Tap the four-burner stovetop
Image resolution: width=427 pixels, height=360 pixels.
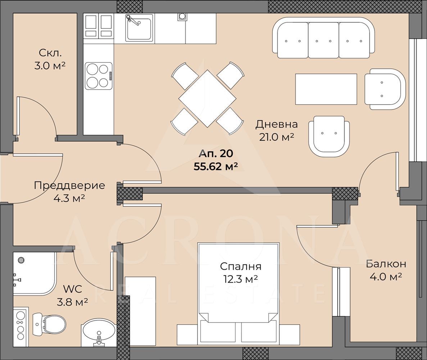[x=99, y=76]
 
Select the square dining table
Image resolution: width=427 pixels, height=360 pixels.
[x=207, y=98]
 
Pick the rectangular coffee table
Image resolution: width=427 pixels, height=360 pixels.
[x=326, y=89]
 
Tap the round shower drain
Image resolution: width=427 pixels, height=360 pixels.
[x=21, y=260]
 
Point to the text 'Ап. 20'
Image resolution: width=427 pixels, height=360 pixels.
[x=216, y=153]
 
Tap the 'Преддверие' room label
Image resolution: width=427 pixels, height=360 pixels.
[x=69, y=185]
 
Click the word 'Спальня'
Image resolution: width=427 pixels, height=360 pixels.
[x=241, y=266]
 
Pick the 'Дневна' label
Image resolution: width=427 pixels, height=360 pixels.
[x=276, y=124]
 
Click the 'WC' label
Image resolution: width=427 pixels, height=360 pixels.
[x=72, y=289]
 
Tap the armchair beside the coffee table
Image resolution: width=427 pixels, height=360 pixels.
[x=385, y=89]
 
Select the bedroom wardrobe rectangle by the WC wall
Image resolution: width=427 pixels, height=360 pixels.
[x=140, y=312]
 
